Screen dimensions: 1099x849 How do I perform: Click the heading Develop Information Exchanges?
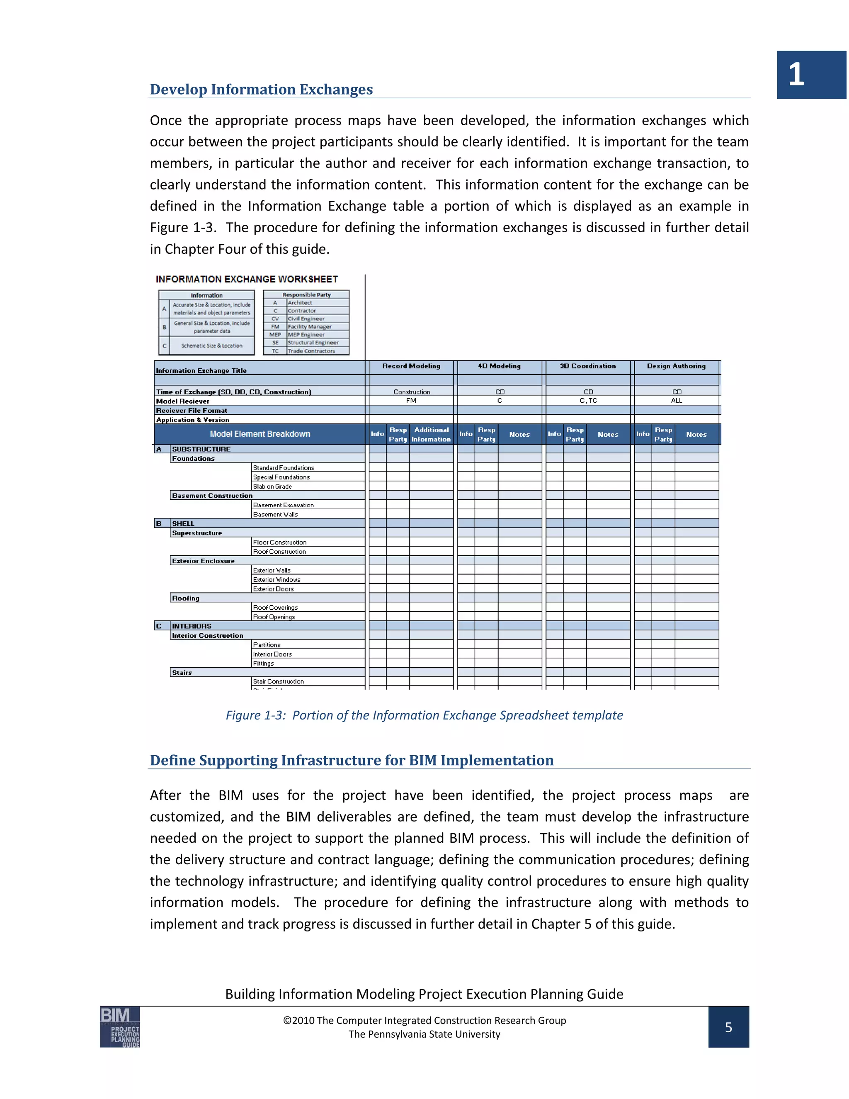click(x=261, y=89)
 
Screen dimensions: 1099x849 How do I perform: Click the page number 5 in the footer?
click(x=728, y=1027)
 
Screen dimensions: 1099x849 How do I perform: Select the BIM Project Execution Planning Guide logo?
click(x=120, y=1026)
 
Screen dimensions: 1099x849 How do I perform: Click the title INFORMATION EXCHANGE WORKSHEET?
click(x=247, y=279)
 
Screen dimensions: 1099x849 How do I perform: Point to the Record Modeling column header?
click(x=411, y=366)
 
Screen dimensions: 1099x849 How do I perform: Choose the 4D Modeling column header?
click(x=499, y=366)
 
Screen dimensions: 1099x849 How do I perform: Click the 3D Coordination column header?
click(x=587, y=366)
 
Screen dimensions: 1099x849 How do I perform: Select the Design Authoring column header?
click(x=676, y=366)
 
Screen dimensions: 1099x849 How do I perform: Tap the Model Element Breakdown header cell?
click(x=260, y=434)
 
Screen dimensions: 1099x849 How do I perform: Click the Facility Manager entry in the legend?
click(x=309, y=326)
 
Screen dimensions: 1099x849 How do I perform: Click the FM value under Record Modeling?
click(x=411, y=401)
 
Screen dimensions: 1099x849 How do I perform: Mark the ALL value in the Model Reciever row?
click(x=677, y=401)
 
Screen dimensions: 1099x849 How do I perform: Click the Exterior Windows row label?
click(x=277, y=580)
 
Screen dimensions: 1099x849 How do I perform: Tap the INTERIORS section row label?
click(x=192, y=626)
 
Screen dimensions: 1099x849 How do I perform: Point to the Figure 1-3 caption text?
click(x=424, y=715)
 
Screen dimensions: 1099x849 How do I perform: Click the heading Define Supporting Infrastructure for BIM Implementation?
click(x=352, y=760)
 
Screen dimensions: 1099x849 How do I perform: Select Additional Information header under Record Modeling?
click(x=431, y=434)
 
